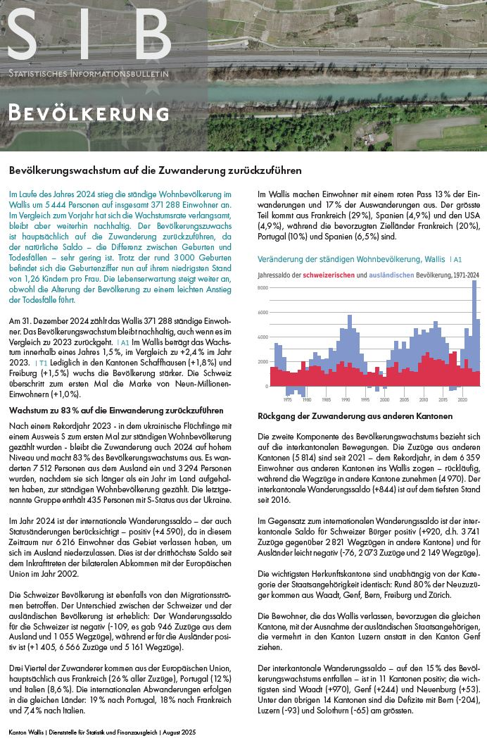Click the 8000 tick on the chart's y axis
(263, 288)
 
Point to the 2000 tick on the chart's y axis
(263, 362)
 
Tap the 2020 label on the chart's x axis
(462, 399)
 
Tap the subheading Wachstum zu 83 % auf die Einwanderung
(116, 409)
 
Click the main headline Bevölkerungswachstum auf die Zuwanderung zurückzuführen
(156, 170)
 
